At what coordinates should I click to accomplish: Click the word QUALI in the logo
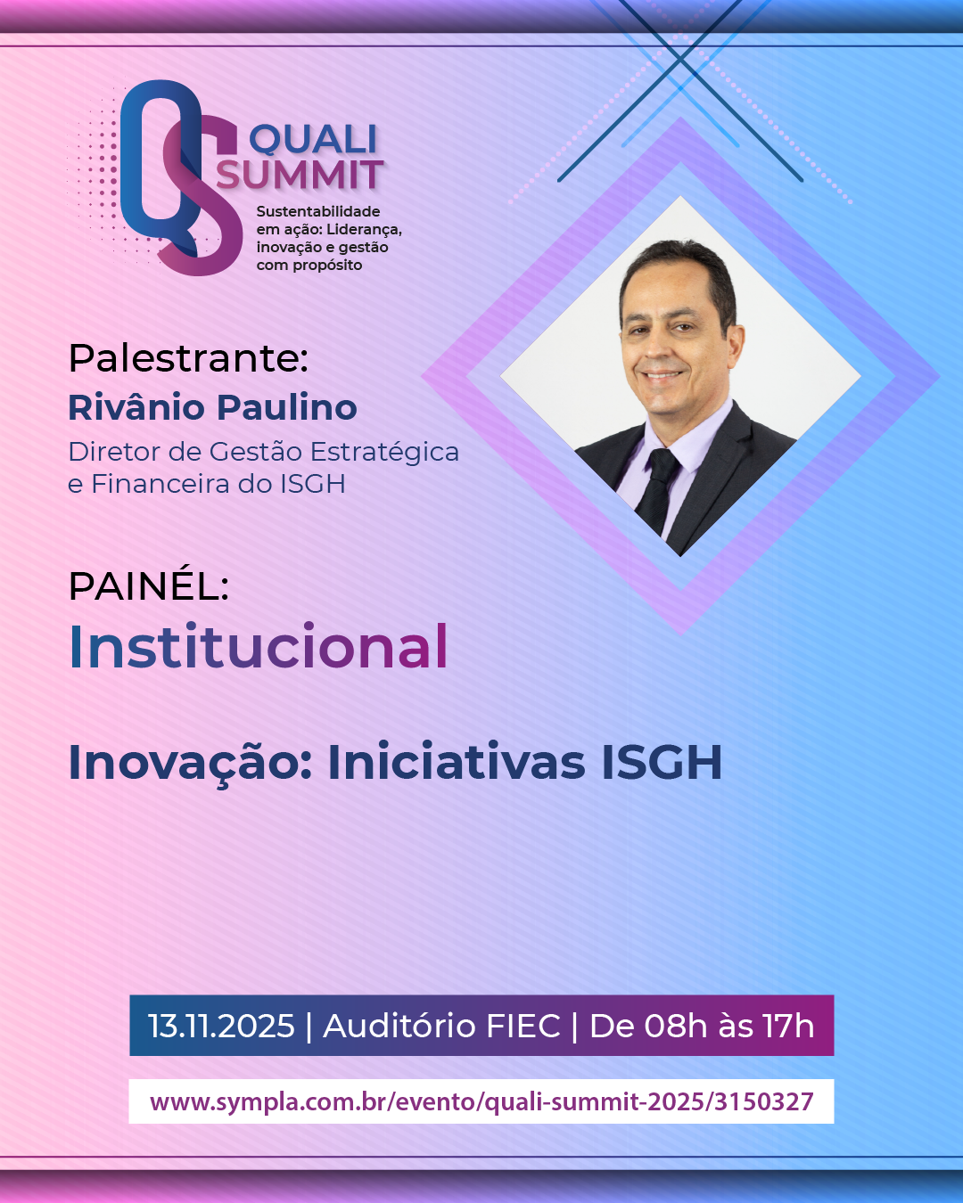(x=313, y=139)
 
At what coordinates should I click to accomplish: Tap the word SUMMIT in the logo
(x=300, y=175)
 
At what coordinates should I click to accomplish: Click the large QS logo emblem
(x=182, y=177)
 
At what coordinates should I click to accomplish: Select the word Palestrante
(x=188, y=357)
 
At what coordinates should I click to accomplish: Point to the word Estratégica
(x=384, y=453)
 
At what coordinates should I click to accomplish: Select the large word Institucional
(x=258, y=646)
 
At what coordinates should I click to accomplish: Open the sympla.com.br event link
(x=481, y=1101)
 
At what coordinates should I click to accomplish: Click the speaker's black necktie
(x=658, y=491)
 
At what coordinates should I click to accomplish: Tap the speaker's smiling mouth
(x=662, y=374)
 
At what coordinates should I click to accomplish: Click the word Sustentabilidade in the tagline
(x=317, y=211)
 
